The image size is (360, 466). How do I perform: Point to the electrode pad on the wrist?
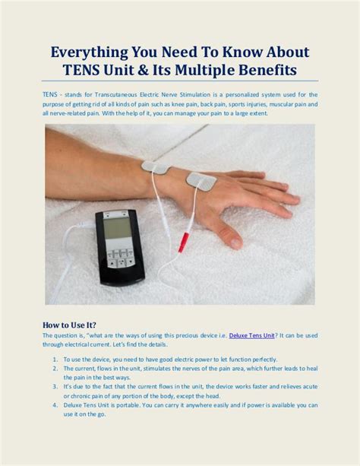[155, 166]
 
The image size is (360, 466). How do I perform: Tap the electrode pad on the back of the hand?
[201, 181]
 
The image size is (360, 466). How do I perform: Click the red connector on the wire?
[183, 242]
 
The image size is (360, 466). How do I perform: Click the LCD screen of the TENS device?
[115, 227]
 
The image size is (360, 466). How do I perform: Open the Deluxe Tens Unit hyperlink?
[251, 335]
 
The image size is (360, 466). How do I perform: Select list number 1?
[55, 359]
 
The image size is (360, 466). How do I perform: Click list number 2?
[55, 368]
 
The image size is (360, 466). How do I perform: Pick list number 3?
[55, 386]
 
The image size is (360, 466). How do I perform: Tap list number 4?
[55, 404]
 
